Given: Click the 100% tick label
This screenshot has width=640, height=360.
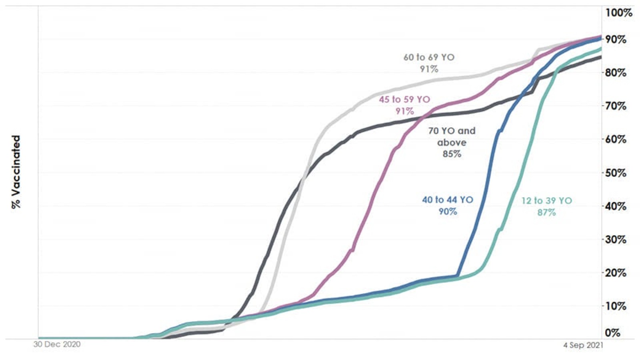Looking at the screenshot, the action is (618, 13).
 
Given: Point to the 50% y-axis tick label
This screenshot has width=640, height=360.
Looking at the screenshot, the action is (616, 173).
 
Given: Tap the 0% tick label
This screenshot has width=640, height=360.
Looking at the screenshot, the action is (613, 333).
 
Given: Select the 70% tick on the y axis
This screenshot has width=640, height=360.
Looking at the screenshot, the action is (616, 106).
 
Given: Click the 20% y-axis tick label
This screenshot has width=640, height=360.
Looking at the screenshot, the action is (616, 273).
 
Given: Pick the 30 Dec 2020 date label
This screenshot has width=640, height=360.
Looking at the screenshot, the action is (57, 344).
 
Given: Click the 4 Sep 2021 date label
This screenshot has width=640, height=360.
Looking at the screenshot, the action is (583, 345).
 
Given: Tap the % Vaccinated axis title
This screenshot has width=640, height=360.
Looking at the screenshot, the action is (16, 172).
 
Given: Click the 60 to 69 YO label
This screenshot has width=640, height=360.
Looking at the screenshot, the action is (429, 58).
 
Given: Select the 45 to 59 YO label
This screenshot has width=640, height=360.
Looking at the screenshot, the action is (404, 100).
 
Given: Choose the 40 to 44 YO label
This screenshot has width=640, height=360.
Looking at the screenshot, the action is (448, 200).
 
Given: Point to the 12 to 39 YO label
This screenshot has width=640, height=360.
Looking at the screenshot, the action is (546, 200).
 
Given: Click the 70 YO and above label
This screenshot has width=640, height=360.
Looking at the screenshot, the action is (452, 136).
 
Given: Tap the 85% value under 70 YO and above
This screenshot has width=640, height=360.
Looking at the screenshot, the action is (452, 154).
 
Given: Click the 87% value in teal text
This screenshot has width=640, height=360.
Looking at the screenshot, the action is (546, 212).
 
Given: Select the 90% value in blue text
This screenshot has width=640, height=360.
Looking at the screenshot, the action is (448, 212).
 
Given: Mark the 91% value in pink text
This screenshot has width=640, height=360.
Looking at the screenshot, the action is (404, 111).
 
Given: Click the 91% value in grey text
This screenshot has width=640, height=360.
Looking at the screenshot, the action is (429, 69).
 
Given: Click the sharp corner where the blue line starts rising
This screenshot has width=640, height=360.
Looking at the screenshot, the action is (458, 276).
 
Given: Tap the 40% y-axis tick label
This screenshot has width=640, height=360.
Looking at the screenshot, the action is (616, 206).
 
